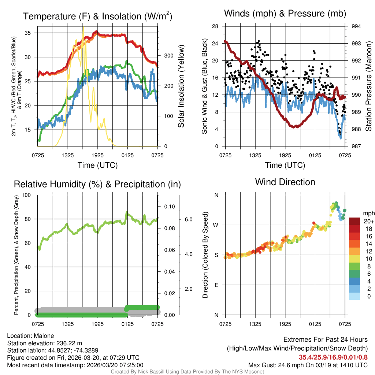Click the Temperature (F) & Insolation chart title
click(x=98, y=16)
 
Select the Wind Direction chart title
click(x=285, y=182)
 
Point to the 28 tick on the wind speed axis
click(x=215, y=26)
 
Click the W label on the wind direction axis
click(x=216, y=225)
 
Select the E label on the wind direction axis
click(x=216, y=285)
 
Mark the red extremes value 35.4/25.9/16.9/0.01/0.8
click(x=333, y=357)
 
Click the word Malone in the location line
click(x=43, y=336)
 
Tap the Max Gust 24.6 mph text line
click(x=308, y=365)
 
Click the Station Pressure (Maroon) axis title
click(x=368, y=86)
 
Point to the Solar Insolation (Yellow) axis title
click(x=181, y=86)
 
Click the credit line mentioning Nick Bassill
click(x=187, y=372)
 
